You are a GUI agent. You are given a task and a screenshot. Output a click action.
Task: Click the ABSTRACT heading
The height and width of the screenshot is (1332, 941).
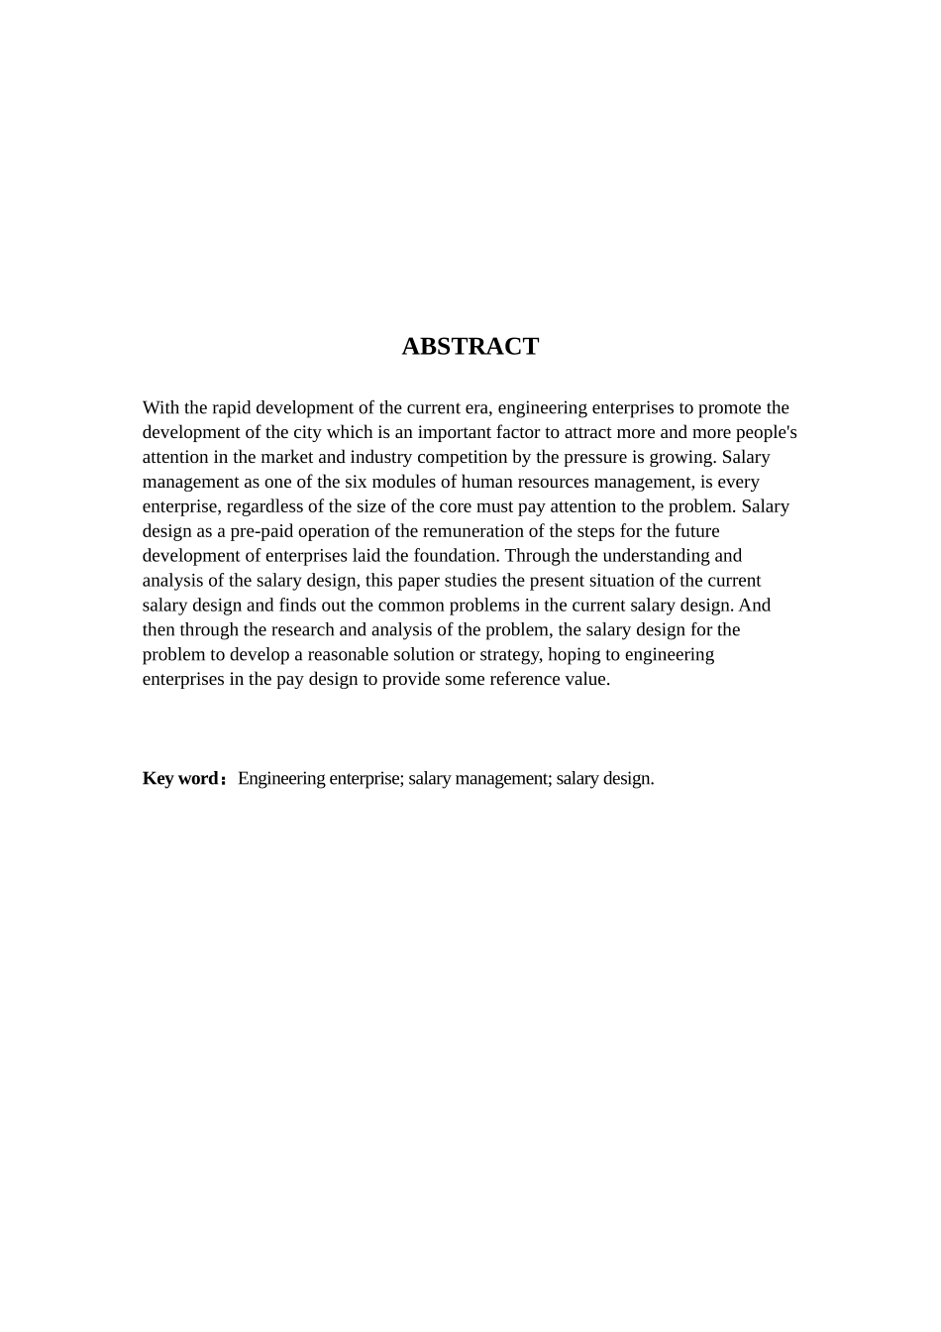(470, 346)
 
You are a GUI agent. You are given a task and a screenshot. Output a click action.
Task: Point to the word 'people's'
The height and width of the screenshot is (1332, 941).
(766, 432)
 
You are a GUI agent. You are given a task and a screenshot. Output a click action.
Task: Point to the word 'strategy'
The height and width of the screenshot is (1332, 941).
(508, 655)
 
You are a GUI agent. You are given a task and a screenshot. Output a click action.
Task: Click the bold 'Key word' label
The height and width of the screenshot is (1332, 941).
(181, 778)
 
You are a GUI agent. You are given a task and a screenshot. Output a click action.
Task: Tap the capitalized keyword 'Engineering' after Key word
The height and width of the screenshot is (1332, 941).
(280, 778)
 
